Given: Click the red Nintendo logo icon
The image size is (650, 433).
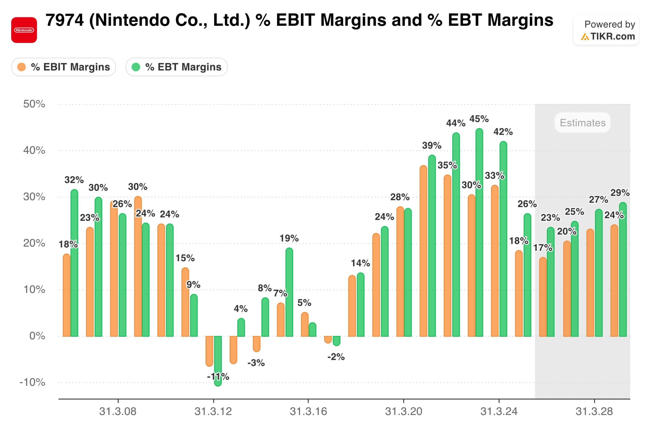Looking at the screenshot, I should pyautogui.click(x=24, y=30).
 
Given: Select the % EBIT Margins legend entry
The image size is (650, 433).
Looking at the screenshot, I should pyautogui.click(x=64, y=67).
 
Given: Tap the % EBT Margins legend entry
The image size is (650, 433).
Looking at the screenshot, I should pyautogui.click(x=177, y=67).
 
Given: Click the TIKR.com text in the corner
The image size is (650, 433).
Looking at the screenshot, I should pyautogui.click(x=612, y=37).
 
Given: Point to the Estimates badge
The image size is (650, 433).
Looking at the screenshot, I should pyautogui.click(x=582, y=123).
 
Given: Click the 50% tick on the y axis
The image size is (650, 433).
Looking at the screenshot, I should pyautogui.click(x=34, y=104).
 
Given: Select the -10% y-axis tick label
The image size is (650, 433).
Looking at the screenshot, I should pyautogui.click(x=32, y=382).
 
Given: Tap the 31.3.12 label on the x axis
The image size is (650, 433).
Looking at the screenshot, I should pyautogui.click(x=213, y=411).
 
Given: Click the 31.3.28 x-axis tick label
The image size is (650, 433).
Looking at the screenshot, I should pyautogui.click(x=594, y=411).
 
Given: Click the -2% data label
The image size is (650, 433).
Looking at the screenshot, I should pyautogui.click(x=336, y=357).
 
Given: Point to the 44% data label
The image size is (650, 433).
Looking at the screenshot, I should pyautogui.click(x=456, y=123).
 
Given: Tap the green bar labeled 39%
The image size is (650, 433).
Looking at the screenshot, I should pyautogui.click(x=432, y=246).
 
